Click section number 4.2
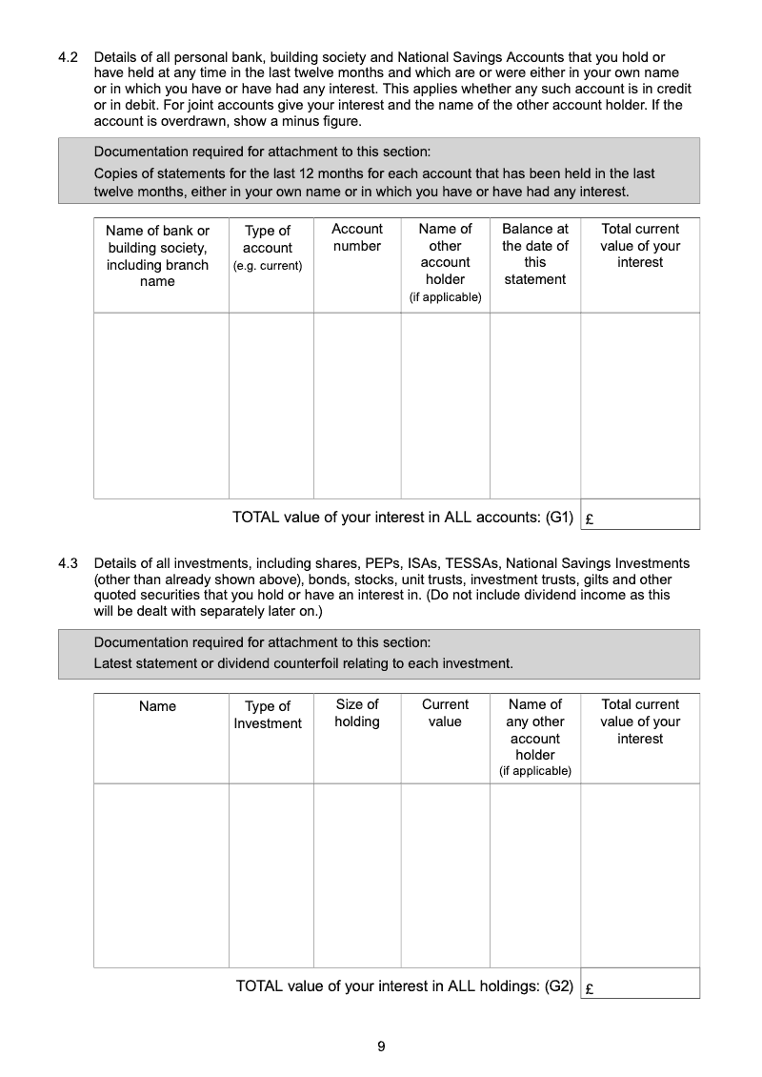[x=68, y=57]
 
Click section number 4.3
[x=68, y=563]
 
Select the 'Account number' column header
[x=357, y=237]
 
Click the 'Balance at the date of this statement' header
[x=535, y=254]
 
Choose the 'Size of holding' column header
[x=357, y=713]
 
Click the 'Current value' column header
[x=445, y=713]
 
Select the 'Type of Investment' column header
[x=268, y=715]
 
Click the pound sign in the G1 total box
[x=591, y=520]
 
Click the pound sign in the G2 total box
[x=591, y=989]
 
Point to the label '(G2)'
[x=559, y=986]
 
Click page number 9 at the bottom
[x=381, y=1047]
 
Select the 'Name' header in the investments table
[x=157, y=706]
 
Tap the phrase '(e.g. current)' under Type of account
[x=268, y=265]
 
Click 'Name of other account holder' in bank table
[x=445, y=262]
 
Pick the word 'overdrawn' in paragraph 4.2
[x=178, y=121]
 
